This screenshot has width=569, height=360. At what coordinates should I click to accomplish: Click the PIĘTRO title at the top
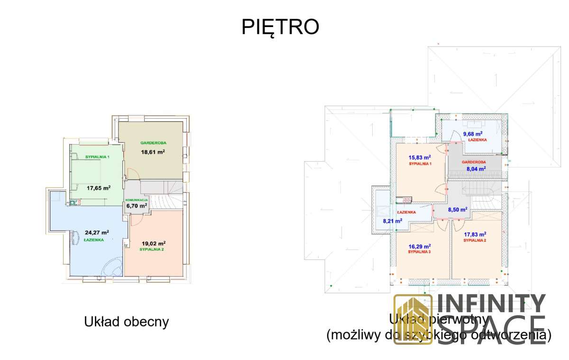tap(280, 27)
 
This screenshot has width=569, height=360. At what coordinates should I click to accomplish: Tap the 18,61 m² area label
tap(153, 152)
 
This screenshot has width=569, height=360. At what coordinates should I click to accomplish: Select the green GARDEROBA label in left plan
tap(153, 143)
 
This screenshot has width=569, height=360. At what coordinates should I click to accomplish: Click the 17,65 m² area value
tap(99, 188)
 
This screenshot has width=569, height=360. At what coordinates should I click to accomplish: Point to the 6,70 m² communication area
tap(136, 206)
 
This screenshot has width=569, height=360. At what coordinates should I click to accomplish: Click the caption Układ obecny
tap(126, 322)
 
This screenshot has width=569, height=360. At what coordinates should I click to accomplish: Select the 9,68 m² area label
tap(472, 134)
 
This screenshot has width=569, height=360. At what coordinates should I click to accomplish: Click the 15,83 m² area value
tap(420, 157)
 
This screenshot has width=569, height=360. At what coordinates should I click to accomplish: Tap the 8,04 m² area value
tap(476, 168)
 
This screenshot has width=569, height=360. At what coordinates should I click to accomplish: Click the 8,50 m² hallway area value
tap(458, 209)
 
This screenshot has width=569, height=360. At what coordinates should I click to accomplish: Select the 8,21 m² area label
tap(393, 221)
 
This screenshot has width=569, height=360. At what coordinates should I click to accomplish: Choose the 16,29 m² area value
tap(420, 246)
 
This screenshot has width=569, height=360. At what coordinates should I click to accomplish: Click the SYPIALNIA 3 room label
tap(420, 252)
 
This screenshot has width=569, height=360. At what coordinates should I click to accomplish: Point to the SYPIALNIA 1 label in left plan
tap(97, 157)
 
